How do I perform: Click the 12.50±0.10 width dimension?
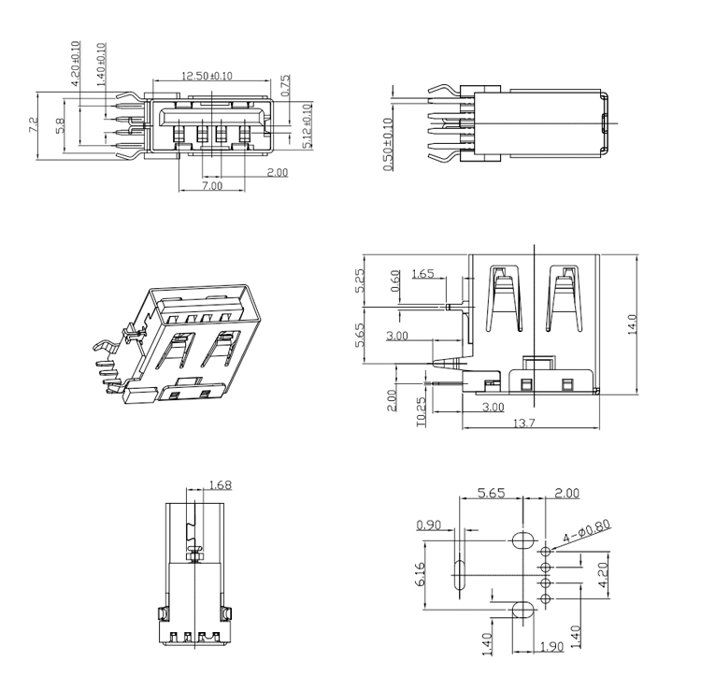tap(207, 76)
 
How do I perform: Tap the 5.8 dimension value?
tap(61, 125)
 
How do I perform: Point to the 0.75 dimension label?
tap(285, 85)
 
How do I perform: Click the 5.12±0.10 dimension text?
tap(308, 126)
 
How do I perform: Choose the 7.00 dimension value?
tap(212, 185)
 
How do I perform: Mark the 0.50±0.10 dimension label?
tap(388, 144)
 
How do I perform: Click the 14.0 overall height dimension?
tap(632, 324)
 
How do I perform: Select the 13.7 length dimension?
tap(524, 423)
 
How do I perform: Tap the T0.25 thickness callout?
tap(422, 412)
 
